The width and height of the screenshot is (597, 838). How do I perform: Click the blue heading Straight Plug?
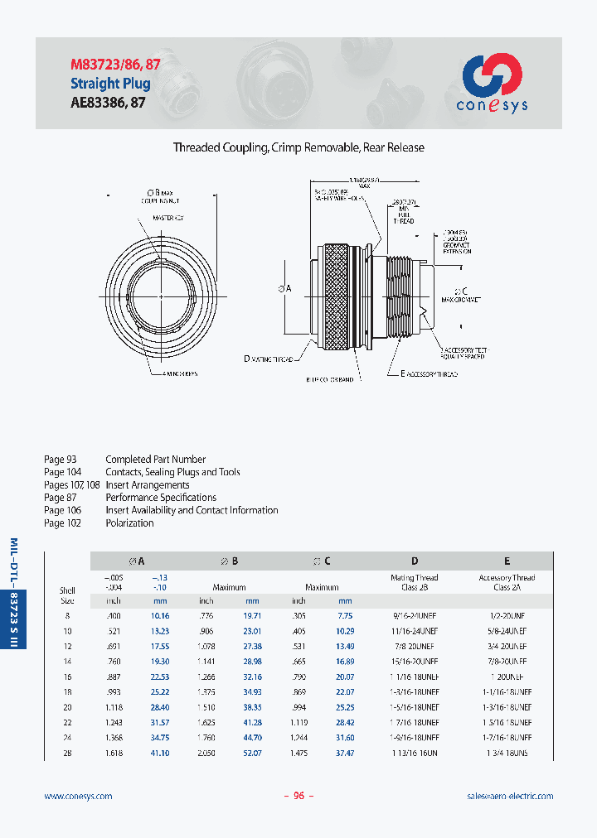pos(110,84)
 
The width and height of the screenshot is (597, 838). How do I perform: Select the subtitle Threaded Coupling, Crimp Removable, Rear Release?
pos(298,147)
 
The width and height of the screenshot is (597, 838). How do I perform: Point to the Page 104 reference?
pos(61,472)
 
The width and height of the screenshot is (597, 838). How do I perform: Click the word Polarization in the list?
pos(129,523)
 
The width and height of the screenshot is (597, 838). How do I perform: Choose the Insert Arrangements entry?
pos(147,485)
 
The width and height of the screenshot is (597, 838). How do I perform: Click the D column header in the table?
pos(415,561)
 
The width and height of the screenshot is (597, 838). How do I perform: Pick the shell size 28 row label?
pos(67,752)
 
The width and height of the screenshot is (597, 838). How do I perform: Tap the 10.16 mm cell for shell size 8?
pos(160,616)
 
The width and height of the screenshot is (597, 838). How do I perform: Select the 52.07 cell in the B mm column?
pos(252,752)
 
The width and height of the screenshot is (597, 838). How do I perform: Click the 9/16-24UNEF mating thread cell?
pos(415,616)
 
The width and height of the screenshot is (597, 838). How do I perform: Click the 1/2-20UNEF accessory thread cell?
pos(507,616)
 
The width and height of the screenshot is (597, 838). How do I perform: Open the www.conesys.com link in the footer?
pos(78,796)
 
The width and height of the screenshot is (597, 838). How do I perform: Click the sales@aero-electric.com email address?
pos(510,796)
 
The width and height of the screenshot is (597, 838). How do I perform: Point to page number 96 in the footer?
pos(298,796)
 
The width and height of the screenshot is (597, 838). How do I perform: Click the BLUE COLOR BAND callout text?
pos(329,379)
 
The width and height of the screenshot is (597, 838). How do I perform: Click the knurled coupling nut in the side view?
pos(338,298)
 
